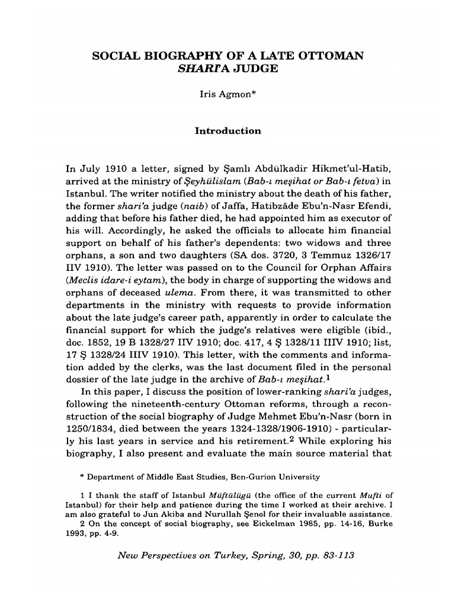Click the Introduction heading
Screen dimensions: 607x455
pos(228,130)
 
